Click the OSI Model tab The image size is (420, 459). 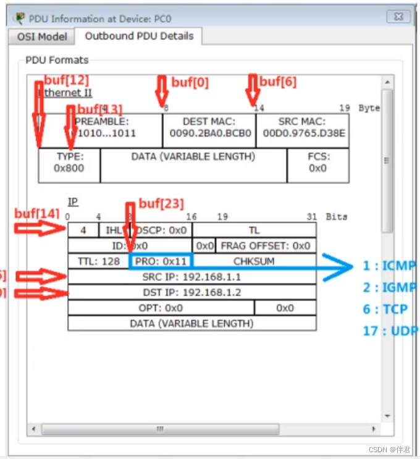[x=42, y=36]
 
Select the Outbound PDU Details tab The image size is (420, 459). [x=139, y=36]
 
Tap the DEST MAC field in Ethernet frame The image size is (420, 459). [x=209, y=127]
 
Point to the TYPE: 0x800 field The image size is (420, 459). [x=69, y=162]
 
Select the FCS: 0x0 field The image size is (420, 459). [x=317, y=162]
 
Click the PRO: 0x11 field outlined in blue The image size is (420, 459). [x=161, y=261]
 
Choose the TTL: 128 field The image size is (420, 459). [x=99, y=261]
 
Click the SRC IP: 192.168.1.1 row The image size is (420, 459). [x=191, y=277]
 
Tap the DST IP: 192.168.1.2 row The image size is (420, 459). [x=191, y=292]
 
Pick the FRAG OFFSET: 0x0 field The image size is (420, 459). [x=266, y=246]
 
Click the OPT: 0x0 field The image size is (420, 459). [x=161, y=308]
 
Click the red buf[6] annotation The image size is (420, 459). [x=278, y=82]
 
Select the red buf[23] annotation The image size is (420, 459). [x=161, y=203]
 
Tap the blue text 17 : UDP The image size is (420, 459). [x=389, y=331]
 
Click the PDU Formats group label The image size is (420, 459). [x=57, y=60]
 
